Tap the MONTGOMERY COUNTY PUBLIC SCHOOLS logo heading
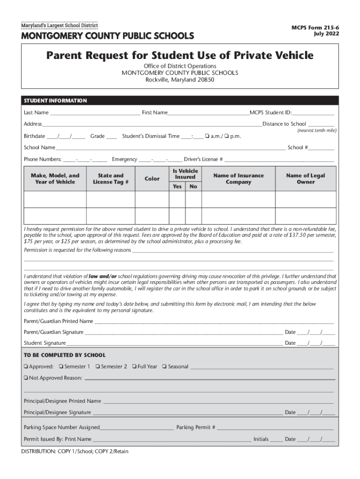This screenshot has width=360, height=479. coord(107,36)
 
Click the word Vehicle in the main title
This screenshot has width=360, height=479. coord(287,56)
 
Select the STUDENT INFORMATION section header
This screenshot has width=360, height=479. coord(55,101)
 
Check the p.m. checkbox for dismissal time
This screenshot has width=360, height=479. coord(227,137)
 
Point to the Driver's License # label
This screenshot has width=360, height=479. coord(203,160)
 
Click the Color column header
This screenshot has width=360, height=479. coord(152,179)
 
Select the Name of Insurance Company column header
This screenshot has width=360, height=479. coord(238,179)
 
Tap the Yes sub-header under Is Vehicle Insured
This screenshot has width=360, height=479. coord(177,186)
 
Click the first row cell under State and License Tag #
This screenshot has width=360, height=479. coord(111,200)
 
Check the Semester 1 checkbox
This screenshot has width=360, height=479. coord(61,367)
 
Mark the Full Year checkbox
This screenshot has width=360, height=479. coord(134,367)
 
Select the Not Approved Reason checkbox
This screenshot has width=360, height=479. coord(26,377)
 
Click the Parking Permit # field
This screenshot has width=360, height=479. coord(275,428)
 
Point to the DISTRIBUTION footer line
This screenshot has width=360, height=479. coord(75,451)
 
